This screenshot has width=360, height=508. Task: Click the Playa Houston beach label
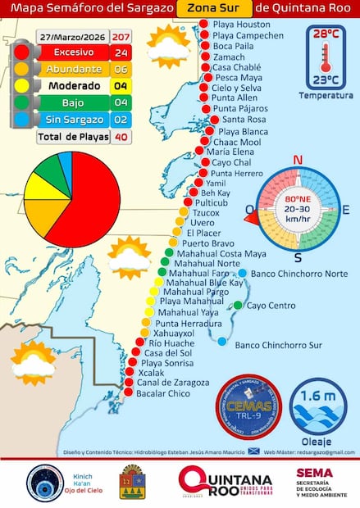tap(240, 25)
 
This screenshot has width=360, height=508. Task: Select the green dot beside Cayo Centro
tap(238, 306)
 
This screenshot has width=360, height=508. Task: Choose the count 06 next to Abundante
tap(121, 70)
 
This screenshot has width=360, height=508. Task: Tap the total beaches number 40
tap(121, 137)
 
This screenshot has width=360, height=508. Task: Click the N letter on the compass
tap(298, 160)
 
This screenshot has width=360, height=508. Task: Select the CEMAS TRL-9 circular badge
tap(247, 407)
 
